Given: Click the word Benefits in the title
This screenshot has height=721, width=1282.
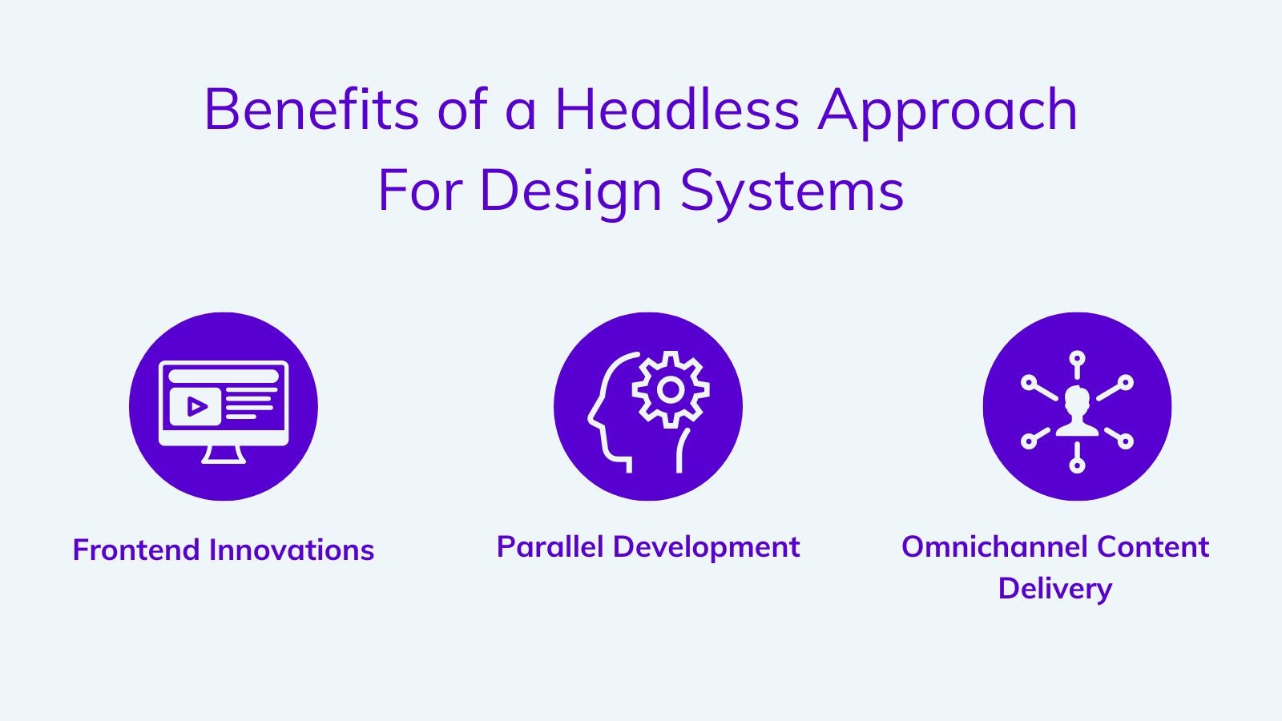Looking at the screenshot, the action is click(312, 109).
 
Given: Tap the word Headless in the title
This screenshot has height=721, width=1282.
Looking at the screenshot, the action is click(676, 109).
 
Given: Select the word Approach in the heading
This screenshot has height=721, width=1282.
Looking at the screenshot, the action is click(947, 112).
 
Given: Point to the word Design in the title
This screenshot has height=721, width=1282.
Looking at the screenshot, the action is click(570, 192).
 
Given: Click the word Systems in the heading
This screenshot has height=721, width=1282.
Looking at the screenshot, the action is click(792, 192).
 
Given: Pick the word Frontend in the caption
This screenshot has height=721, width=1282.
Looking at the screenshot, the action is click(135, 550).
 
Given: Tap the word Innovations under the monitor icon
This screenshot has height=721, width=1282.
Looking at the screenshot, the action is click(292, 550).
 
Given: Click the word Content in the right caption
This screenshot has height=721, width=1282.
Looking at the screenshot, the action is click(1153, 546).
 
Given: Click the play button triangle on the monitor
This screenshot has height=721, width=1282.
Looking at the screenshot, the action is click(197, 407).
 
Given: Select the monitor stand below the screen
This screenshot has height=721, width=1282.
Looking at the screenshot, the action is click(224, 454).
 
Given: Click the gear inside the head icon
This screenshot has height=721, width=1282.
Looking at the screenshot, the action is click(670, 389).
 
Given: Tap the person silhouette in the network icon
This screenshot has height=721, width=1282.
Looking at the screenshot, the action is click(1077, 412).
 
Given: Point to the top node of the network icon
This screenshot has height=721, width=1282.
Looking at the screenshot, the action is click(1077, 358).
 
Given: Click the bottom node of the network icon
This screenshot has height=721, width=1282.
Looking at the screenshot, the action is click(1077, 465).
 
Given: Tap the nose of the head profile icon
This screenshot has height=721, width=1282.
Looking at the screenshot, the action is click(591, 420).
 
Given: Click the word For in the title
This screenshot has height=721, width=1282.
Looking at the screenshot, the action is click(420, 192).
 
